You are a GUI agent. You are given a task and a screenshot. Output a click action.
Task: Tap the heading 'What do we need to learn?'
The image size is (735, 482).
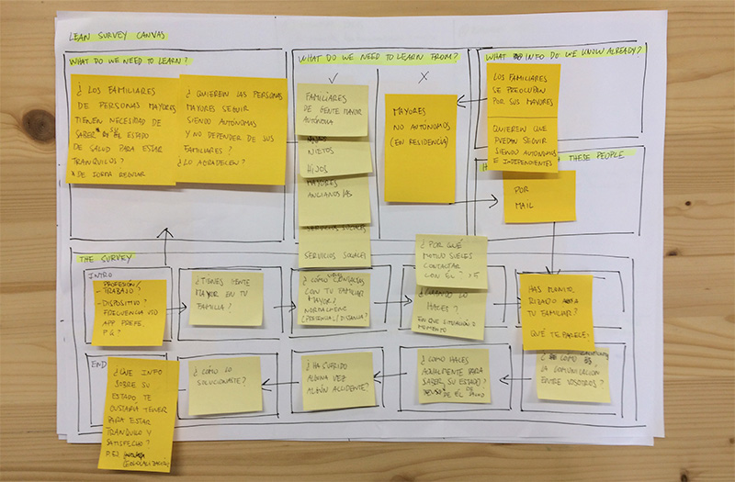click(x=130, y=62)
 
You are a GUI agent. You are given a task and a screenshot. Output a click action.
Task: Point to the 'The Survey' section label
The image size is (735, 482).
click(x=106, y=258)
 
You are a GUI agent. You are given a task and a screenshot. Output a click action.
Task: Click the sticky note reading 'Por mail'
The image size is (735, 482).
click(x=538, y=196)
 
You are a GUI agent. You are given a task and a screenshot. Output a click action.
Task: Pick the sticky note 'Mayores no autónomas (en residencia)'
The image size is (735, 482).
click(x=420, y=147)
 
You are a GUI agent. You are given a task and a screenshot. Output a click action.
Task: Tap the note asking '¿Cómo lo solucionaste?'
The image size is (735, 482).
click(x=225, y=385)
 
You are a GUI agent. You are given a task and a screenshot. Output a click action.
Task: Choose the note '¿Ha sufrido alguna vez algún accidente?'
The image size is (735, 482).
click(x=338, y=380)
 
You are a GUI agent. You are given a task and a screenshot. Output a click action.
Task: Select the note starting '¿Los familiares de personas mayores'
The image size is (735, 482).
click(x=124, y=129)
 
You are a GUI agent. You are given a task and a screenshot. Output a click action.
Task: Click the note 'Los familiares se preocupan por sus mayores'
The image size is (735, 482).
click(x=523, y=88)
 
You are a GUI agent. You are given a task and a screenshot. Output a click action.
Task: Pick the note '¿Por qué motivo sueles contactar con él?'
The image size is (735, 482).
click(x=451, y=261)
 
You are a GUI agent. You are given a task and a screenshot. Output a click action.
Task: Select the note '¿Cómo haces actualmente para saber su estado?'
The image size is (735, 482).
click(x=454, y=376)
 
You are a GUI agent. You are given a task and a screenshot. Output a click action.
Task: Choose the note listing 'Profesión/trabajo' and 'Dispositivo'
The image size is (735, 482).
click(x=129, y=312)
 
